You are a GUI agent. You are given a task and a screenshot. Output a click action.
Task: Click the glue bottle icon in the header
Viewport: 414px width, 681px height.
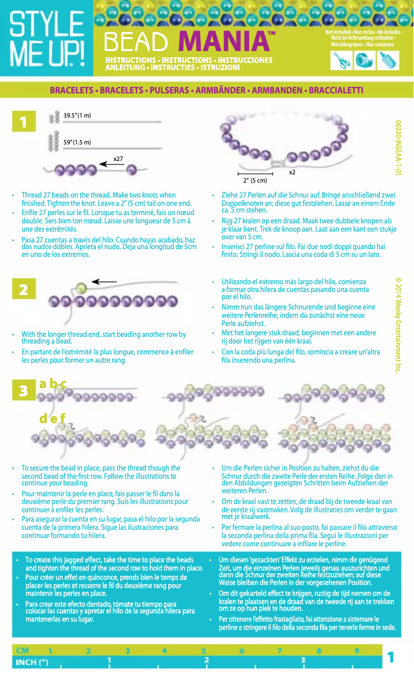click(388, 60)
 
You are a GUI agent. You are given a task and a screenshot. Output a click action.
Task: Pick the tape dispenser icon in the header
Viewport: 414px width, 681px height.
click(364, 60)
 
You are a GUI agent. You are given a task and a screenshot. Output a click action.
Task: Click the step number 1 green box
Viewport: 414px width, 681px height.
click(24, 122)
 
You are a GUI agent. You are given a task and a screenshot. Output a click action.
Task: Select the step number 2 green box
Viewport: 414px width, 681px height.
click(24, 289)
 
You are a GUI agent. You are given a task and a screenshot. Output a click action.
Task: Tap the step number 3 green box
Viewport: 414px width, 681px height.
click(24, 391)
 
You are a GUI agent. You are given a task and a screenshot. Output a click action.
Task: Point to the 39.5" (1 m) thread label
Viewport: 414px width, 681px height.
click(77, 115)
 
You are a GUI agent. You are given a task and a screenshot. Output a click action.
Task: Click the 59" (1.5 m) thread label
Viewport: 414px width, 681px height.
click(77, 142)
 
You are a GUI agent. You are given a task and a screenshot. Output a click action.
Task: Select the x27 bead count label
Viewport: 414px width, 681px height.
click(118, 159)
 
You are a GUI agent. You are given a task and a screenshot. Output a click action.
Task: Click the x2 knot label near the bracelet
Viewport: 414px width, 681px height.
click(292, 172)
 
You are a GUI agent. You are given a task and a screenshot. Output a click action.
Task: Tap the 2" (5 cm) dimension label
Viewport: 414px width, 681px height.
click(255, 181)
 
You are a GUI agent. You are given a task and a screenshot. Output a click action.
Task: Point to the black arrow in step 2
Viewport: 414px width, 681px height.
click(105, 282)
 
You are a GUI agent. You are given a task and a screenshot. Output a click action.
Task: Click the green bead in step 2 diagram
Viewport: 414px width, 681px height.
click(81, 288)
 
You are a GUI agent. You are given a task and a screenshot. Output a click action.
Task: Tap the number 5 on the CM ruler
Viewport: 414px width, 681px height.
click(203, 651)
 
